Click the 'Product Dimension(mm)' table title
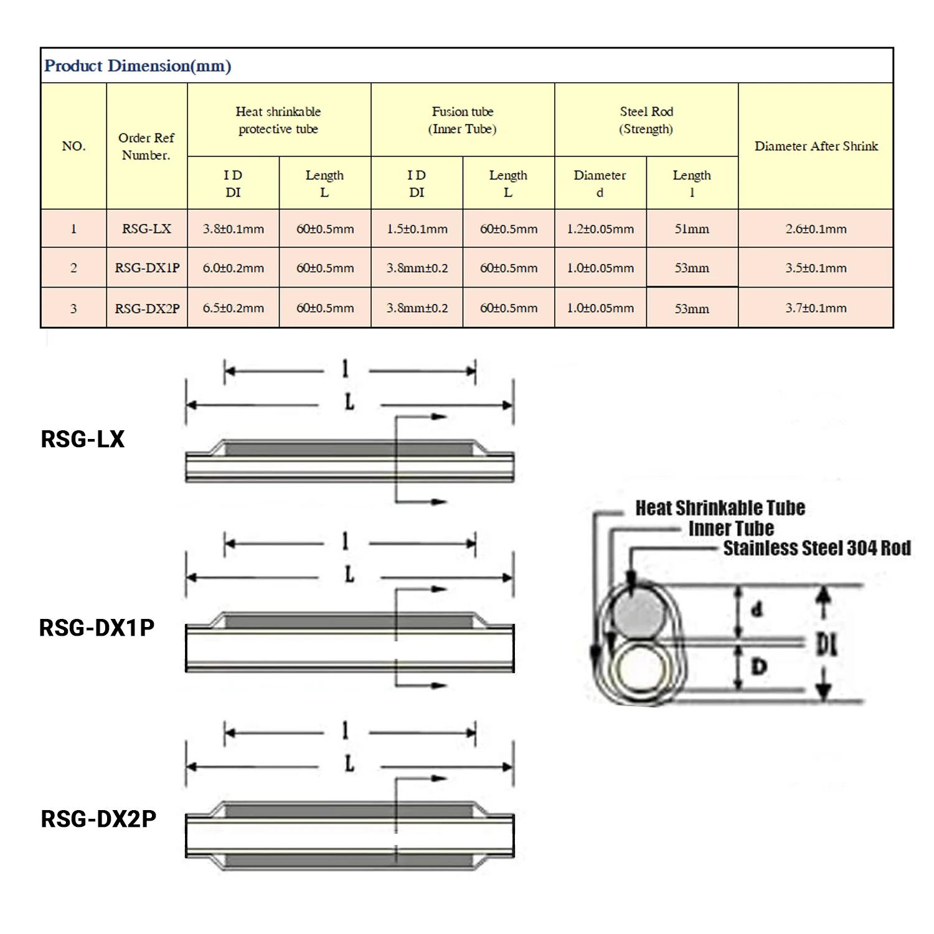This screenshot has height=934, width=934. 138,66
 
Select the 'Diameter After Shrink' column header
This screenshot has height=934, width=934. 816,146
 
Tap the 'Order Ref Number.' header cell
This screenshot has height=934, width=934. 146,146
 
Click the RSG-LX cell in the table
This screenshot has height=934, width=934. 146,229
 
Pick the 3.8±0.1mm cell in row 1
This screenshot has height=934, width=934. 233,229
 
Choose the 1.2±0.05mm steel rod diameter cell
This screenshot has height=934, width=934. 600,229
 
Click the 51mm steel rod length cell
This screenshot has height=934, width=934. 692,229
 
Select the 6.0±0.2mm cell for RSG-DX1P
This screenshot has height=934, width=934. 233,268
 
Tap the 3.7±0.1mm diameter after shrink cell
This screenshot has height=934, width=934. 816,308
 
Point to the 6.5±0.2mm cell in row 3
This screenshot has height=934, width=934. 233,308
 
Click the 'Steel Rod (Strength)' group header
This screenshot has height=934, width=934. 646,120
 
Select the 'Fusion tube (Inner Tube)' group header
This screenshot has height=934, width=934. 463,120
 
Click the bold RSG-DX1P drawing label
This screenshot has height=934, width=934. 97,628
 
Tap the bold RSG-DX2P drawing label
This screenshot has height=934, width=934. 98,819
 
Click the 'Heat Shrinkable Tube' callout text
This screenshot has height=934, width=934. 720,508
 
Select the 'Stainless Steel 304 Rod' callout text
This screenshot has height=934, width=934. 817,548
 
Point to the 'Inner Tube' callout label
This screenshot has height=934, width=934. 732,529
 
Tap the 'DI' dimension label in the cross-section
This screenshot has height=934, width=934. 827,644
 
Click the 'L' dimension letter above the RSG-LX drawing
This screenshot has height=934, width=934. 350,402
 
